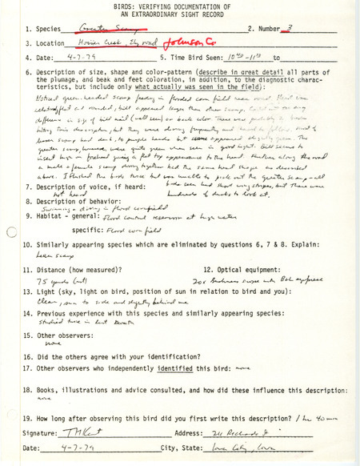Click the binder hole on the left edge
10,233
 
